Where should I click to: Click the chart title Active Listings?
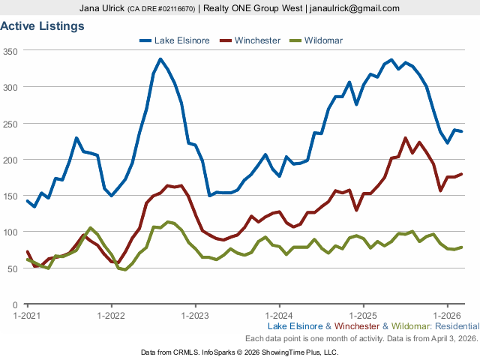click(x=42, y=25)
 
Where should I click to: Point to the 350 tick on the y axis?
click(x=10, y=51)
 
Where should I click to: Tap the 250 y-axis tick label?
click(x=10, y=124)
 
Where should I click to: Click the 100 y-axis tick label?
click(x=10, y=232)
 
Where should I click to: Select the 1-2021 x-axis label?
click(x=28, y=316)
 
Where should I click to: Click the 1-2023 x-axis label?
click(x=196, y=316)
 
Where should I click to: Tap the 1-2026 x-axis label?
click(x=447, y=316)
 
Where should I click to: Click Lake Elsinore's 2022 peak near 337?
click(x=160, y=58)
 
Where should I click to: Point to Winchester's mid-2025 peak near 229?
click(x=405, y=138)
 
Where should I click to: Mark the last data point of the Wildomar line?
click(x=461, y=247)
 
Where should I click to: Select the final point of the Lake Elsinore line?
click(x=461, y=131)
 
